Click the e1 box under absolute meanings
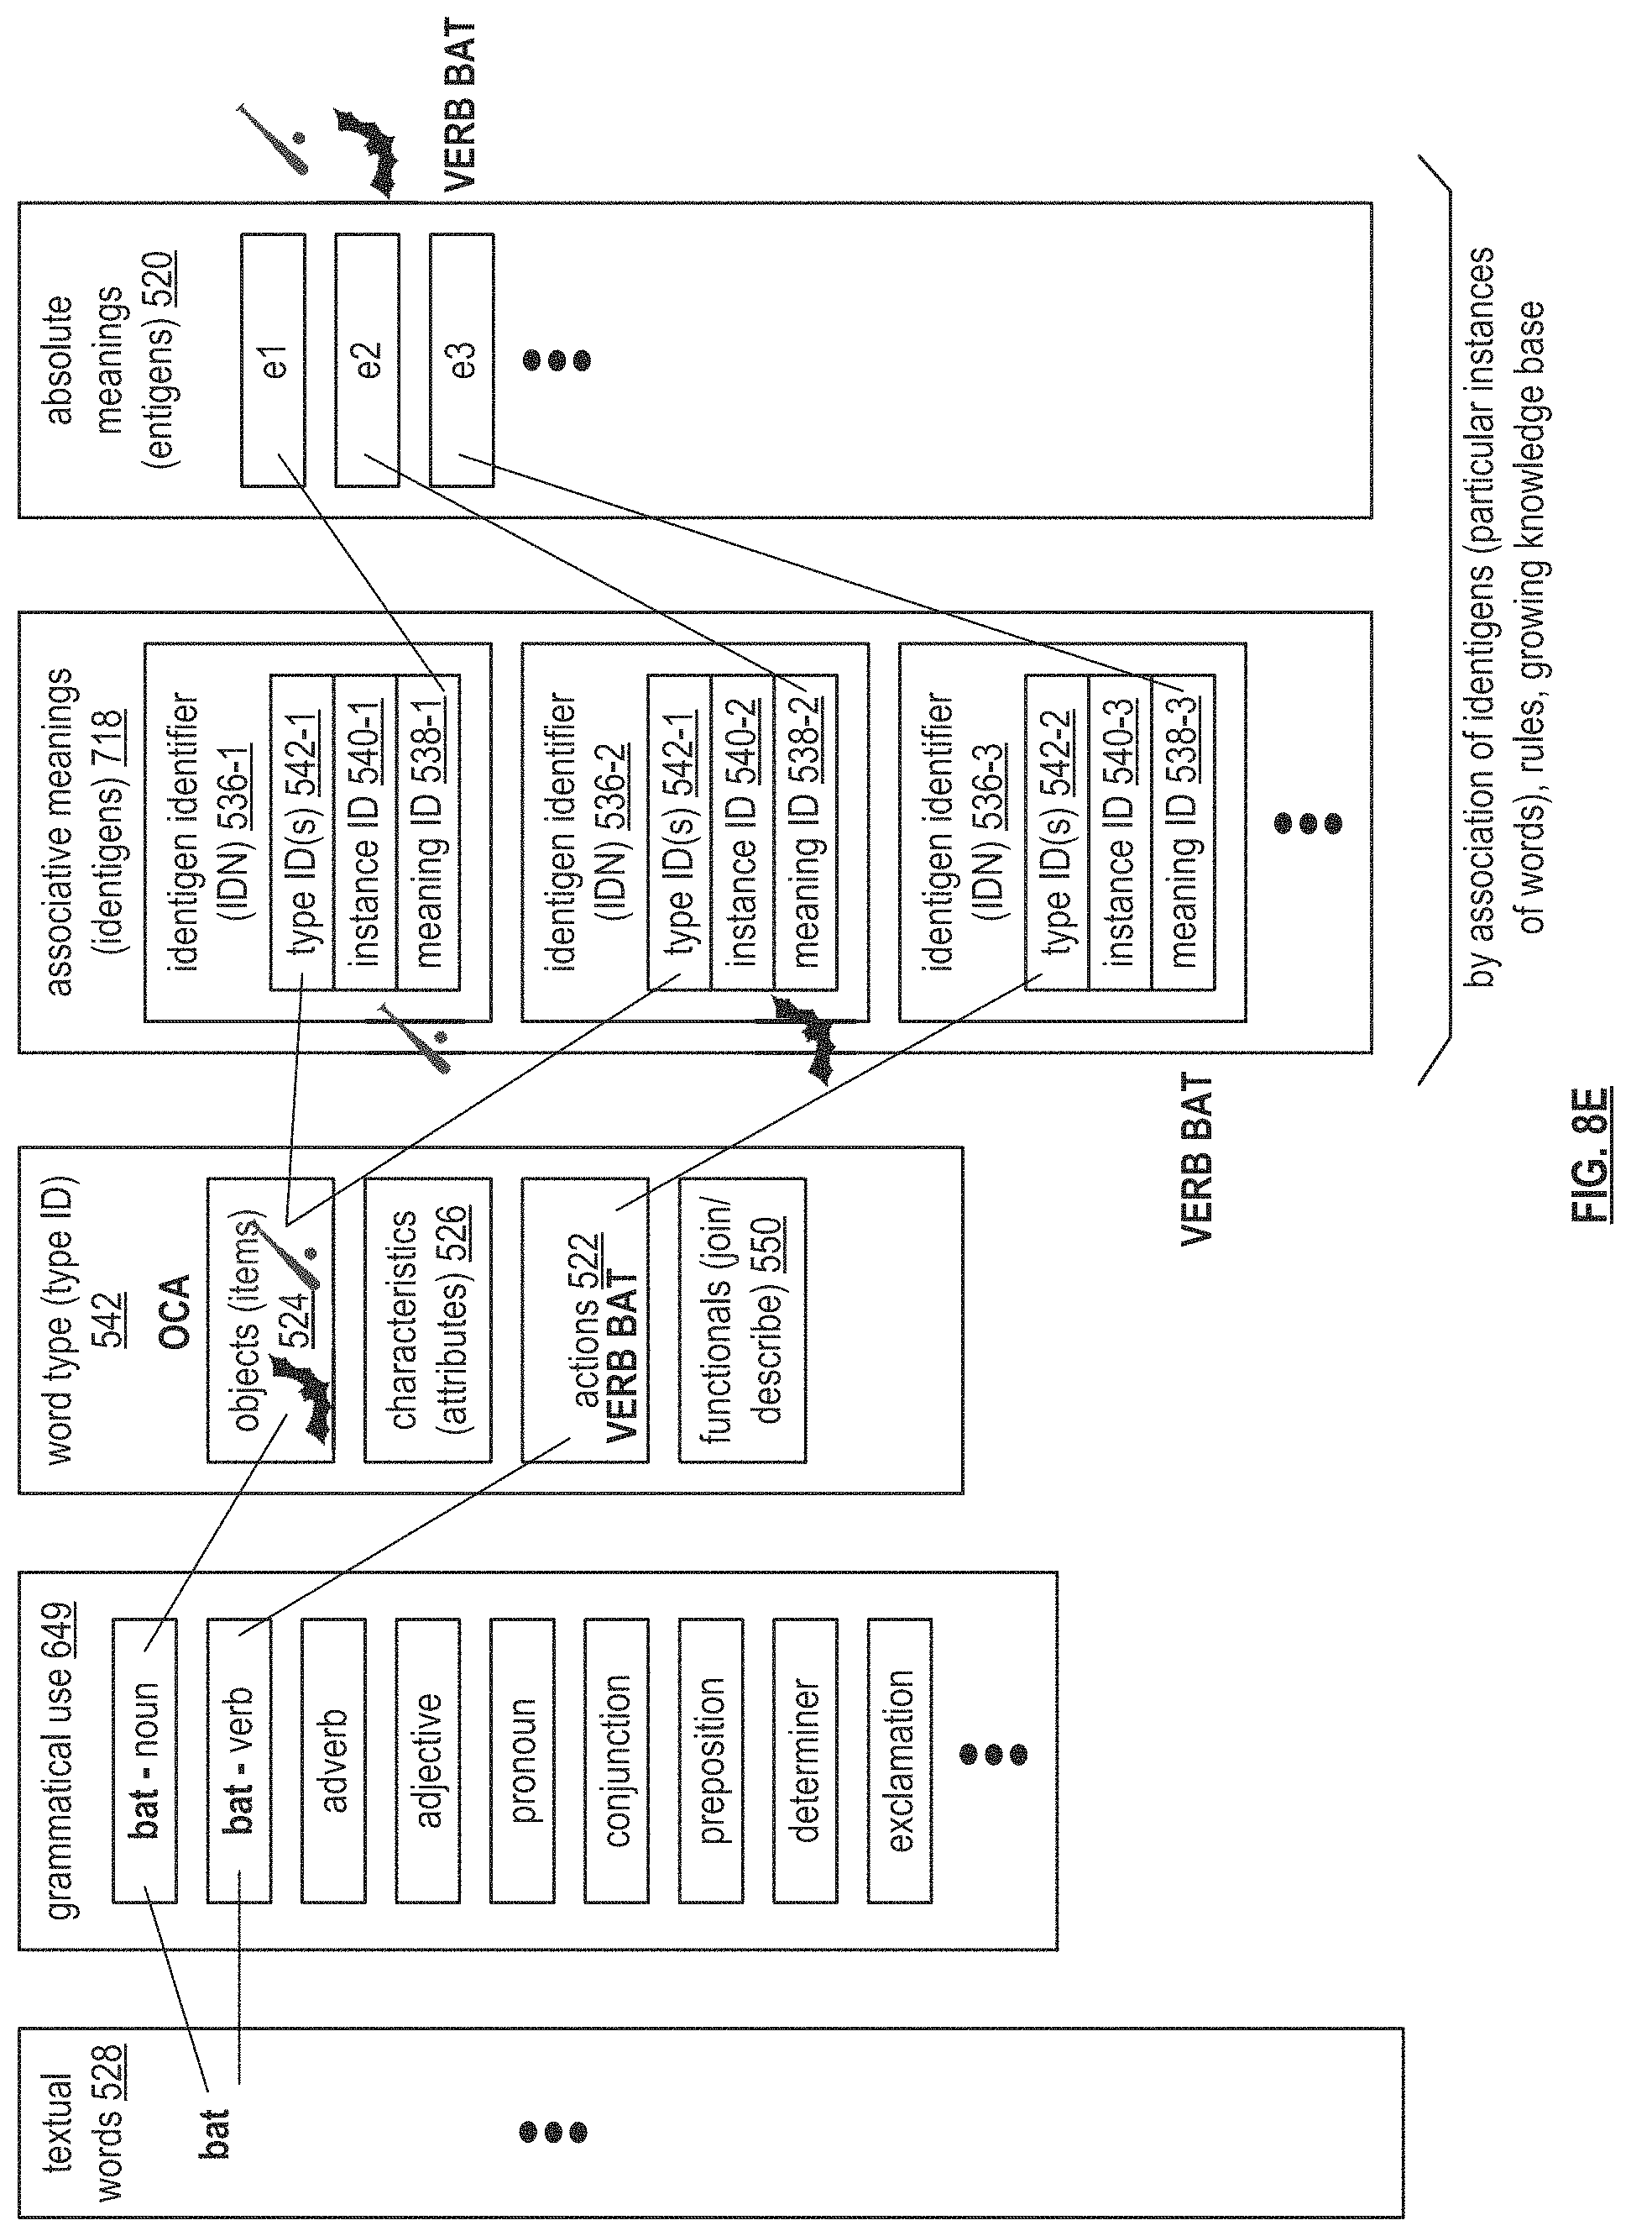[273, 360]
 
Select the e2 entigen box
[368, 360]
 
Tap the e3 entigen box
[462, 360]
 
